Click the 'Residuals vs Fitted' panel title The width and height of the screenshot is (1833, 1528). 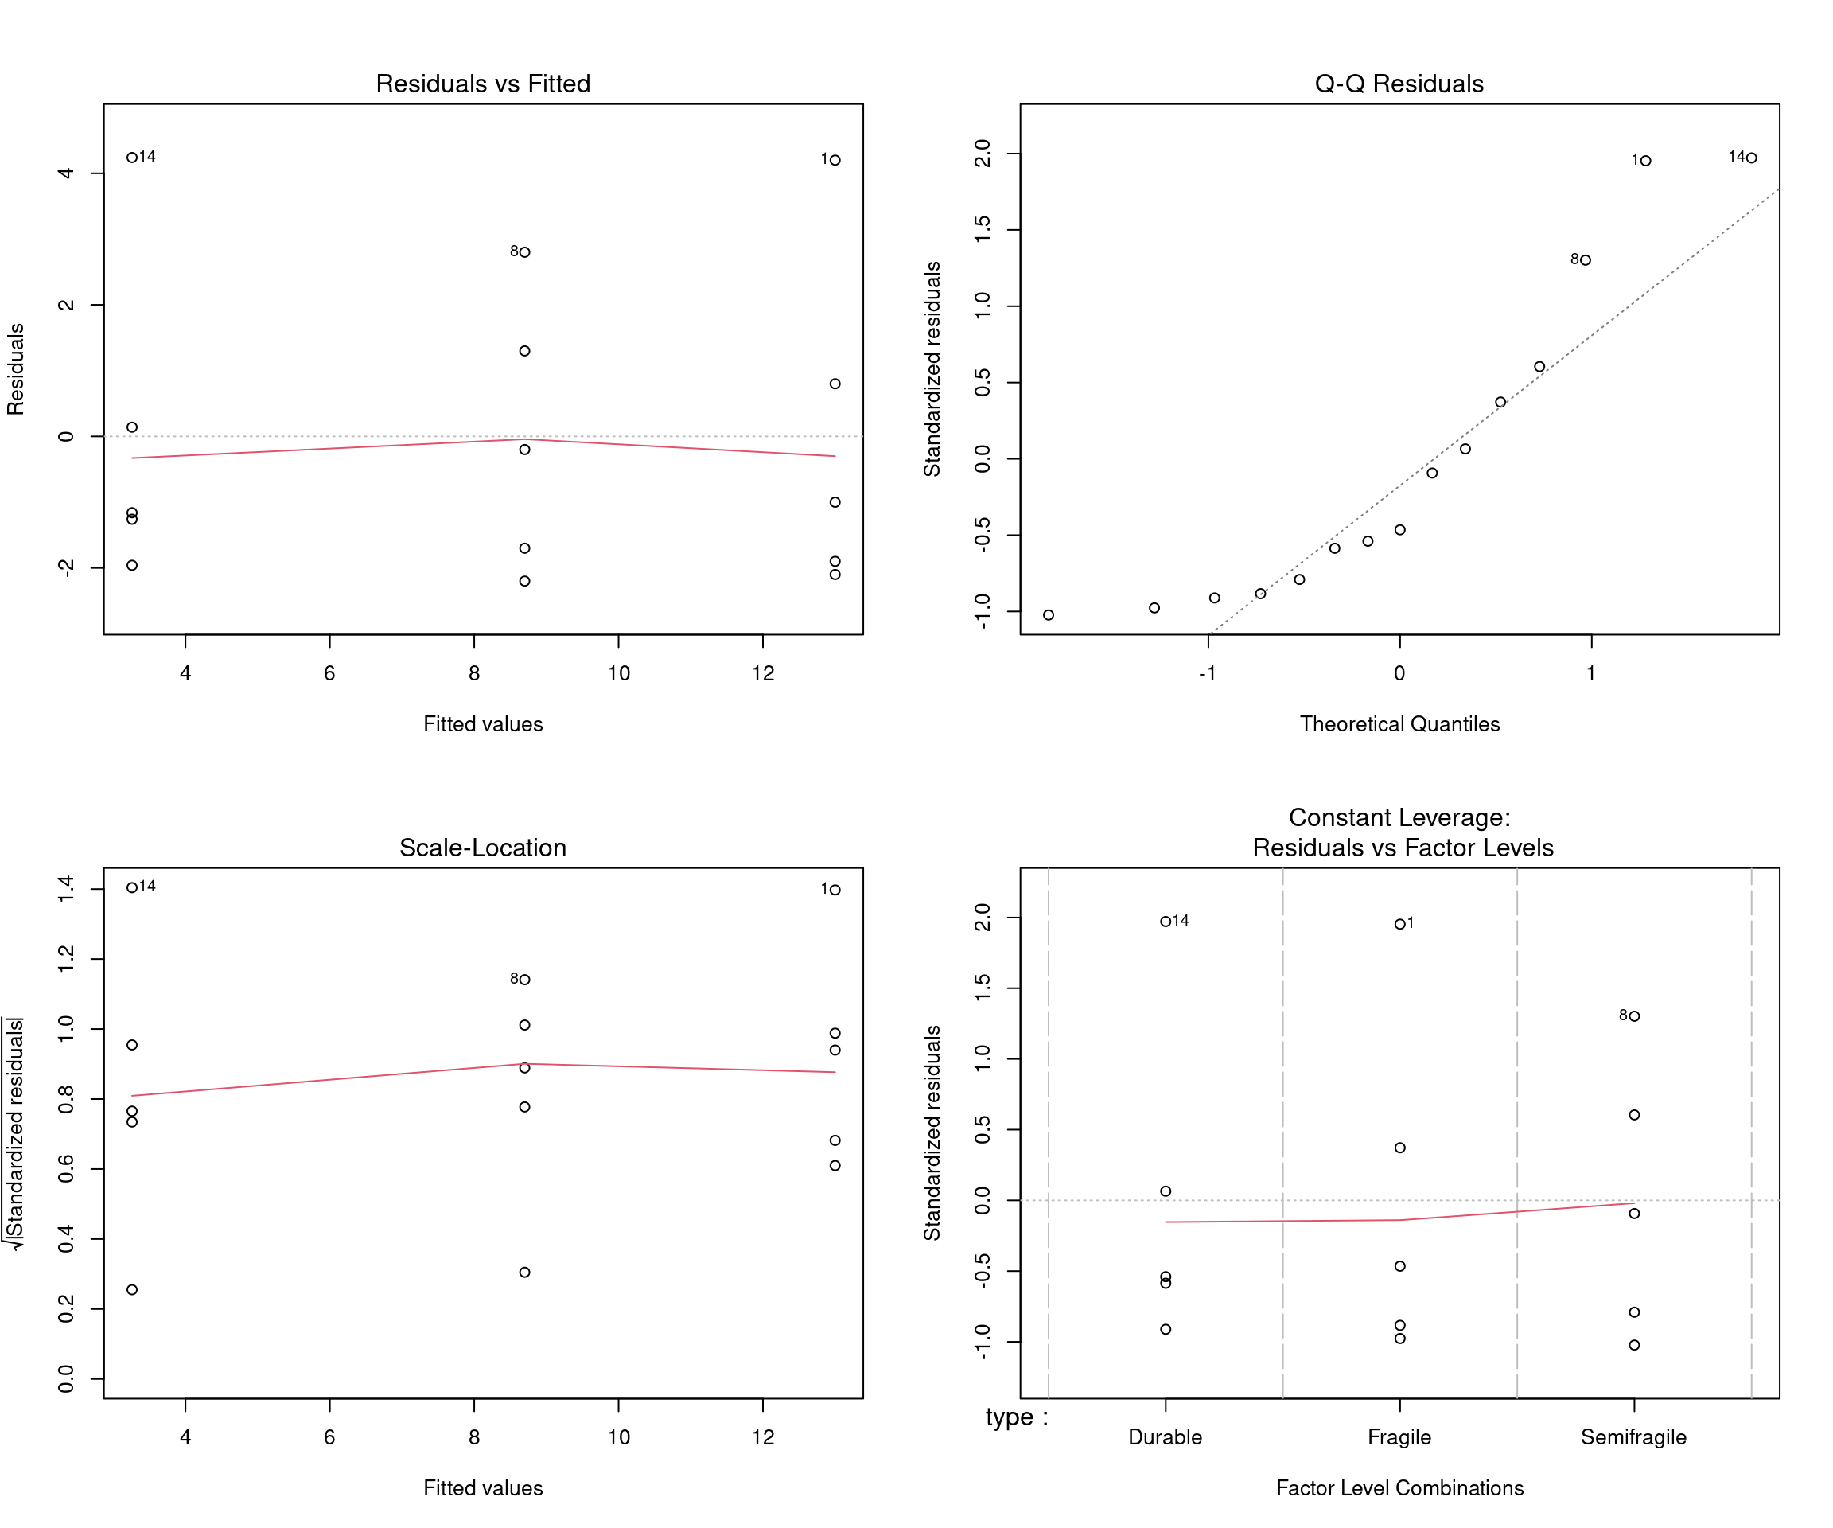click(483, 84)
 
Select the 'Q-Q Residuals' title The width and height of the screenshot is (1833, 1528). click(1399, 84)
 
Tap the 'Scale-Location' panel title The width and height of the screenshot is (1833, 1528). click(483, 848)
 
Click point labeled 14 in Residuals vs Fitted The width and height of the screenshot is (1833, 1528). click(132, 157)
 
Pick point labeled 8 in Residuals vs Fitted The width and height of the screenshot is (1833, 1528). click(524, 252)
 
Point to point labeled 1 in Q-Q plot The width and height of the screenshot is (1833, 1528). click(1645, 161)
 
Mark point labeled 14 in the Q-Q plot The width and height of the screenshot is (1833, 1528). click(1751, 158)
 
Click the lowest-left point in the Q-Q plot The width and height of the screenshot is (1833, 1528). click(1049, 614)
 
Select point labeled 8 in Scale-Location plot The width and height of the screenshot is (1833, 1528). click(524, 980)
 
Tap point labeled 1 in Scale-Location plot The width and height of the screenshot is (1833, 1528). click(835, 890)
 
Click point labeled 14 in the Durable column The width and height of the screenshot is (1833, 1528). click(1166, 921)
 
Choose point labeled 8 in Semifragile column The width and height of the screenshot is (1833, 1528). click(1634, 1016)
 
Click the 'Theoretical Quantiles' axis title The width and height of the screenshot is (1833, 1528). click(1399, 724)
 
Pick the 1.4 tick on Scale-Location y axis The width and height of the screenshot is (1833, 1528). click(66, 888)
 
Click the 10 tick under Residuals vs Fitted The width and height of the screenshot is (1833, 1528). click(618, 673)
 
